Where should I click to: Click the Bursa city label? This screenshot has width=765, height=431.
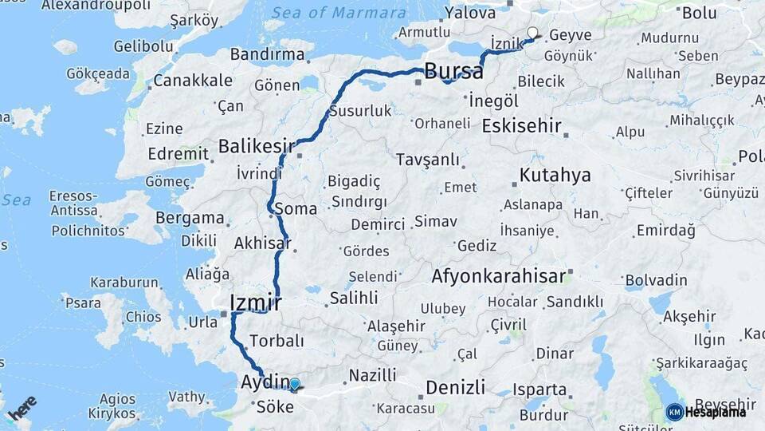coord(453,71)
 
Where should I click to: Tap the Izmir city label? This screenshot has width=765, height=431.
coord(255,302)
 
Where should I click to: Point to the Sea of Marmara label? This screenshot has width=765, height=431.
coord(339,13)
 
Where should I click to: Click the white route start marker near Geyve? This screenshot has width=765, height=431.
coord(532,33)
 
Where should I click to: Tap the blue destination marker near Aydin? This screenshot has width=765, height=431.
coord(295,385)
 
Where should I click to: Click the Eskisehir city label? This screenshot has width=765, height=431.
coord(521,126)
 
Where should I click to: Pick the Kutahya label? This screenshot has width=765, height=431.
coord(555,175)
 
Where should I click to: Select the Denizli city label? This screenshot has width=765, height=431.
coord(455,387)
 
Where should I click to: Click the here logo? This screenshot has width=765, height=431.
coord(22,409)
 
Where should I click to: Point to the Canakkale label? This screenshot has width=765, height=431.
coord(193,81)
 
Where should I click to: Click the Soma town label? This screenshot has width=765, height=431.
coord(296,209)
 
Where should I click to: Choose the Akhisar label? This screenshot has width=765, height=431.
coord(262,243)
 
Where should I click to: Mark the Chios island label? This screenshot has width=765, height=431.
coord(143,317)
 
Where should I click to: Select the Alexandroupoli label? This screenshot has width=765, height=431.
coord(96,6)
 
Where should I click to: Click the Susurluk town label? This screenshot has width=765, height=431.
coord(360,111)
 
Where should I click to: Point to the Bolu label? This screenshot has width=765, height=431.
coord(700,13)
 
